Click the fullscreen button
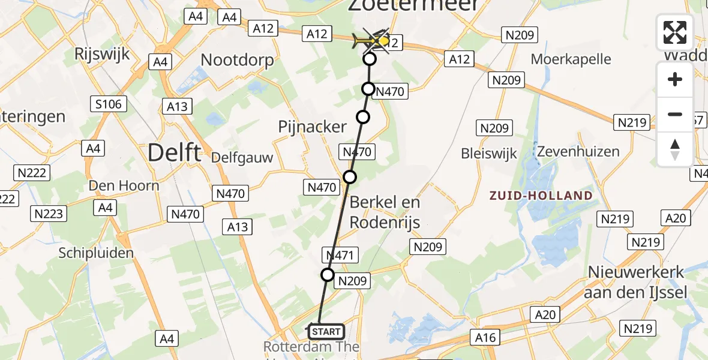click(675, 32)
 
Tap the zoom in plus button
click(675, 80)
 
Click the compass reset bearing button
click(675, 149)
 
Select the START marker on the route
click(326, 331)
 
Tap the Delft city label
click(175, 152)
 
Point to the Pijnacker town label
click(313, 127)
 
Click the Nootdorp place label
click(237, 60)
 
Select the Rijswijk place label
click(102, 55)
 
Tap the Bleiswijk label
click(489, 154)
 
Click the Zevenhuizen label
click(578, 151)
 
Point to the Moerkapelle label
click(571, 59)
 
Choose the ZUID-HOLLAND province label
click(541, 196)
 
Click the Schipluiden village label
click(96, 253)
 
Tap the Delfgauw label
click(242, 158)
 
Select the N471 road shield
click(340, 255)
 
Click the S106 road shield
click(108, 104)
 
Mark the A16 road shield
click(485, 338)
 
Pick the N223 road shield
click(50, 214)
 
